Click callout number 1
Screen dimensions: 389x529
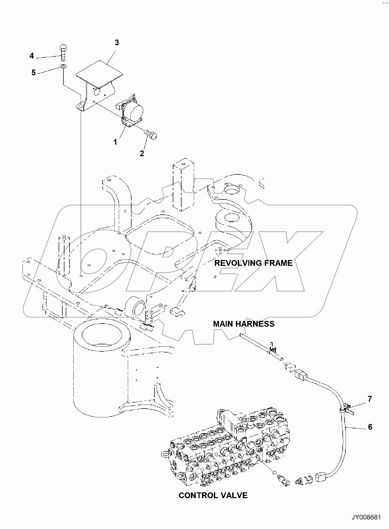point(115,142)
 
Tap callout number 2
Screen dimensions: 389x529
point(142,153)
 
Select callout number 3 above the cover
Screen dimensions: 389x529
point(117,42)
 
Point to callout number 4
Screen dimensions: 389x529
point(32,56)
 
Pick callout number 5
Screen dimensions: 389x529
point(33,72)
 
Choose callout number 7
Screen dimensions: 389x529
point(370,399)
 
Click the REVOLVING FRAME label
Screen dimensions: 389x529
point(253,263)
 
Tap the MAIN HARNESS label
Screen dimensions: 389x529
point(244,324)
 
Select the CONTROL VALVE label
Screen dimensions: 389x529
point(213,496)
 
